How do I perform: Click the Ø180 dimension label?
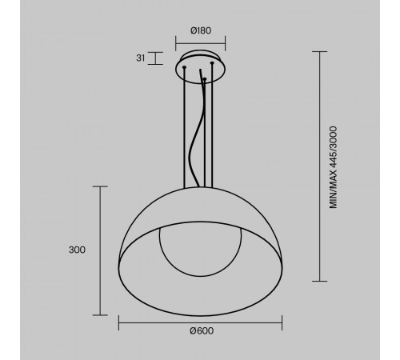pyautogui.click(x=200, y=30)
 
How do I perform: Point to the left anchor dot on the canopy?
pyautogui.click(x=186, y=69)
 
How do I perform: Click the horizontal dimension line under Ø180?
pyautogui.click(x=200, y=42)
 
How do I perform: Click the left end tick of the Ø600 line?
pyautogui.click(x=118, y=322)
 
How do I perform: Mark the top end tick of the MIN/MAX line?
pyautogui.click(x=322, y=52)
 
